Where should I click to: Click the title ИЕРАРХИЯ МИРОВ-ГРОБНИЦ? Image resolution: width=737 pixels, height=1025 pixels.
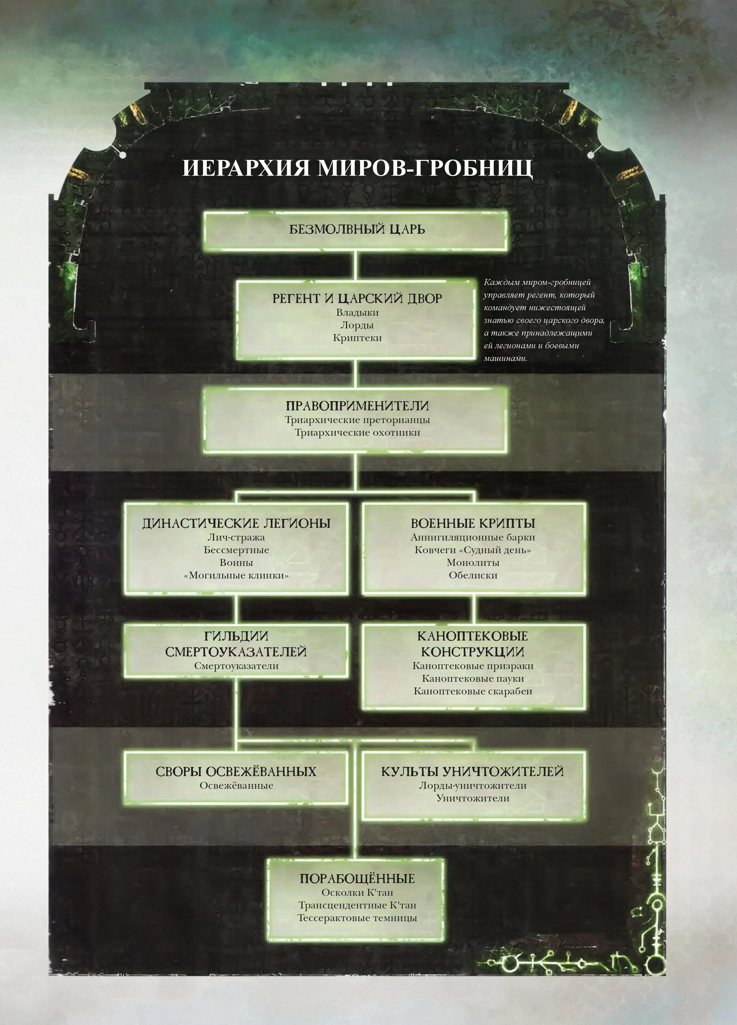pos(357,168)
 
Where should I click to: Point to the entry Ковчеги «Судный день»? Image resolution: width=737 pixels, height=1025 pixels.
pos(473,550)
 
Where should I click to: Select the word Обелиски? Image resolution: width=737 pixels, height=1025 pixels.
pos(473,575)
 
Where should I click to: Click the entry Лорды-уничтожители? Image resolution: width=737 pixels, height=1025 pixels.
pos(473,786)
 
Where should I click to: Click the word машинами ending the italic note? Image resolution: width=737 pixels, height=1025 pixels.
pos(505,358)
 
